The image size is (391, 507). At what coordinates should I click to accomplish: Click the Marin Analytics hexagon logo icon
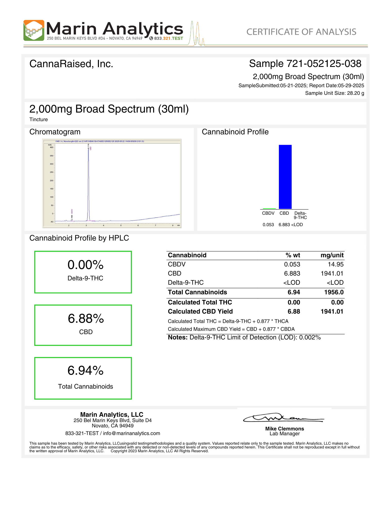pyautogui.click(x=34, y=30)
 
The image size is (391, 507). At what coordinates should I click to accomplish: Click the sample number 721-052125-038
pyautogui.click(x=324, y=64)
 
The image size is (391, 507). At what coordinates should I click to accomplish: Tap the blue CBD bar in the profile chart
pyautogui.click(x=285, y=177)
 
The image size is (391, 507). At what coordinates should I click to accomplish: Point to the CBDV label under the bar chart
pyautogui.click(x=268, y=213)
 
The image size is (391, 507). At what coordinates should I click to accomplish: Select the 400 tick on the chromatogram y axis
pyautogui.click(x=51, y=147)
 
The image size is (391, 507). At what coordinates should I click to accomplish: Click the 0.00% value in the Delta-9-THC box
pyautogui.click(x=86, y=265)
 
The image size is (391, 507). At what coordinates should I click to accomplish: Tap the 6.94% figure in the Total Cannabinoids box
pyautogui.click(x=86, y=371)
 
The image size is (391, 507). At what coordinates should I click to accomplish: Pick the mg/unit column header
pyautogui.click(x=332, y=255)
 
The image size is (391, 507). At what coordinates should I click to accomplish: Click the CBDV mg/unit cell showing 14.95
pyautogui.click(x=336, y=264)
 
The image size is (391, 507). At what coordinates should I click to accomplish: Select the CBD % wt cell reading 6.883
pyautogui.click(x=292, y=274)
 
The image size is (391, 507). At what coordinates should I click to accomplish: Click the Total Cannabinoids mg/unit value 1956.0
pyautogui.click(x=334, y=292)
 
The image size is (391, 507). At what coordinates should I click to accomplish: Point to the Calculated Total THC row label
pyautogui.click(x=200, y=302)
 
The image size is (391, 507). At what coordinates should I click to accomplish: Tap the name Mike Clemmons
pyautogui.click(x=284, y=429)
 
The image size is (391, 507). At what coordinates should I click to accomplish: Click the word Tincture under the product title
pyautogui.click(x=38, y=119)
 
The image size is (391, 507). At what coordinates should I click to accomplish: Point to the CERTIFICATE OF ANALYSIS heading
pyautogui.click(x=301, y=32)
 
